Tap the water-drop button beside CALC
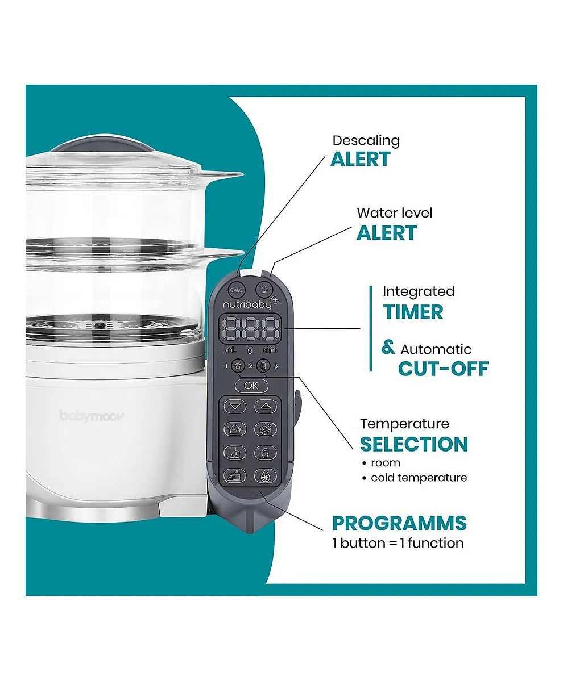point(264,290)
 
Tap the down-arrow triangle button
point(235,407)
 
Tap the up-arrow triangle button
point(265,407)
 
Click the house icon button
point(237,366)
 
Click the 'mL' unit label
point(230,350)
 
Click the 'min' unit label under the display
point(270,350)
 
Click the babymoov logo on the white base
point(92,416)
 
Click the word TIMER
point(413,312)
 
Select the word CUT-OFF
point(444,369)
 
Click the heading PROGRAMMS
point(399,523)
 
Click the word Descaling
point(366,141)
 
